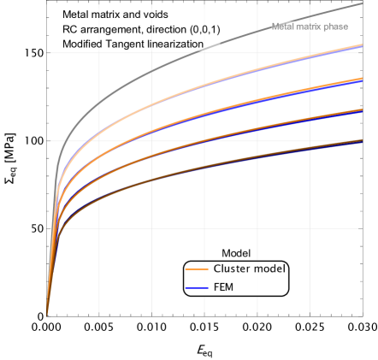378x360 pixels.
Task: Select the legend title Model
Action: [x=235, y=253]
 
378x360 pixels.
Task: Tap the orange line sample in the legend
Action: [x=197, y=269]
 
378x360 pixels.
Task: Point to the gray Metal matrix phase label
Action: [x=310, y=27]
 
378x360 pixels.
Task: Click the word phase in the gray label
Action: [x=336, y=27]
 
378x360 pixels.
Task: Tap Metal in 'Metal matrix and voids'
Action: [x=75, y=15]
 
